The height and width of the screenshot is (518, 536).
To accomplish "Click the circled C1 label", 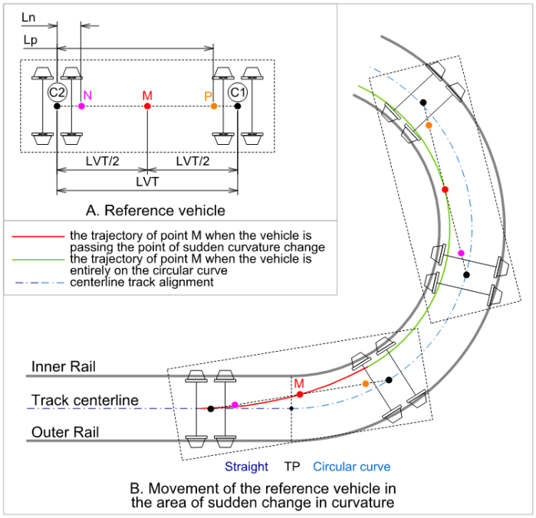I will click(238, 92).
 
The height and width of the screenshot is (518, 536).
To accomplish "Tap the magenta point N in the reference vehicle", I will click(81, 106).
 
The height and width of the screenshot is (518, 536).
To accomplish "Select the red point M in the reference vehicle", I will click(147, 106).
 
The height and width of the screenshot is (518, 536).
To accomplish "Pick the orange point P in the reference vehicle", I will click(214, 106).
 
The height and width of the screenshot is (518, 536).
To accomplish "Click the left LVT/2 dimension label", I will click(102, 162).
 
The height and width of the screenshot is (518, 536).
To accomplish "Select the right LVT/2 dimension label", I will click(192, 162).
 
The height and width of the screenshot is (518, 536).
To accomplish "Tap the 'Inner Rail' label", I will click(64, 367).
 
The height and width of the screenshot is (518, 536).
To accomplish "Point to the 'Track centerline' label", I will click(85, 400).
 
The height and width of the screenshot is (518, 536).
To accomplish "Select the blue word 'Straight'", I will click(246, 467).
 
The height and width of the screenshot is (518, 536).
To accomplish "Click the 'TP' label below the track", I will click(292, 467).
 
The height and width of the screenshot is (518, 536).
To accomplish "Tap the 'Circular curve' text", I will click(352, 467).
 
